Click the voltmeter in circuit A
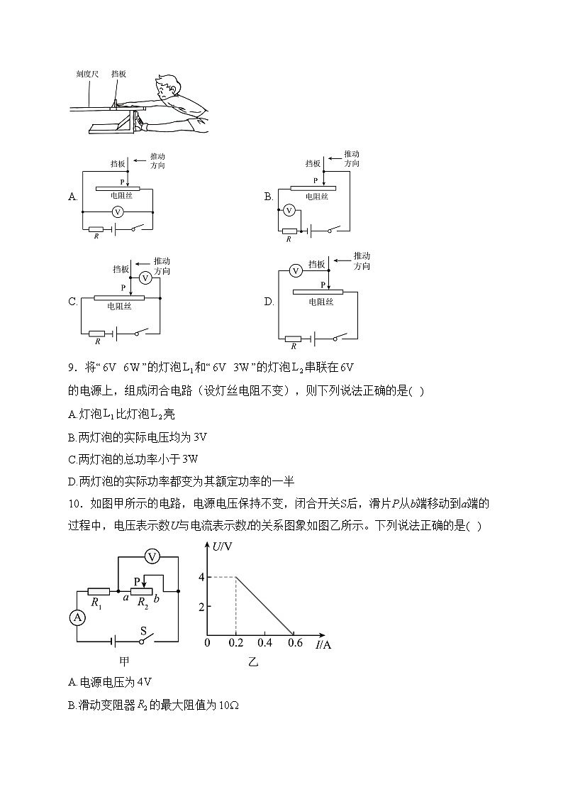[x=118, y=211]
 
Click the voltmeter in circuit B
[x=289, y=210]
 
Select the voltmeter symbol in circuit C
[x=145, y=277]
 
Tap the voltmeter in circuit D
[x=296, y=270]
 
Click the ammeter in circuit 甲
[x=79, y=617]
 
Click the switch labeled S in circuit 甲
[x=143, y=639]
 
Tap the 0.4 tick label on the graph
[x=264, y=643]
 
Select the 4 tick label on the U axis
[x=201, y=577]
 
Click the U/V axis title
[x=223, y=546]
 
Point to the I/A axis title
[x=323, y=644]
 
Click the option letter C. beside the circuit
[x=73, y=302]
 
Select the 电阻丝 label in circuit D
[x=320, y=302]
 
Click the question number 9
[x=72, y=367]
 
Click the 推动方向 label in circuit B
[x=352, y=159]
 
